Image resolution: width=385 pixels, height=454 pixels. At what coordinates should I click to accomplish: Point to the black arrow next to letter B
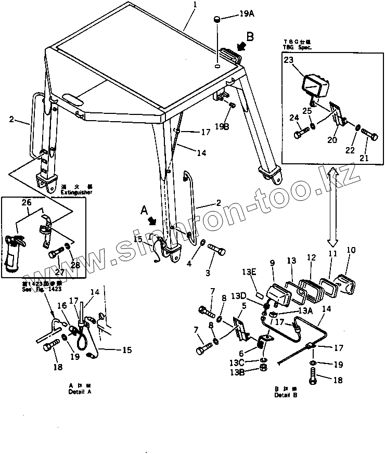click(239, 47)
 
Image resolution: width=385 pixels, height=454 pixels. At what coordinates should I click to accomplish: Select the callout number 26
click(25, 203)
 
